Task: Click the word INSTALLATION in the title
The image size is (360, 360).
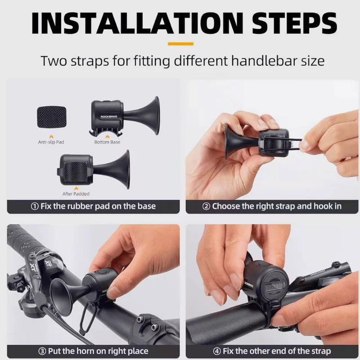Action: [x=137, y=23]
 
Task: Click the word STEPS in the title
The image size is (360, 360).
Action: [x=295, y=23]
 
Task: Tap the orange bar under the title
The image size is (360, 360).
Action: [x=180, y=44]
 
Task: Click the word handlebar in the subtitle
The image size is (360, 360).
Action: [x=260, y=61]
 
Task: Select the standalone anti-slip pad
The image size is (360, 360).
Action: [x=51, y=117]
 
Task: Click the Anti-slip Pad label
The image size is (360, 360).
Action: [x=51, y=142]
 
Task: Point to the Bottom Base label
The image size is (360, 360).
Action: [x=107, y=142]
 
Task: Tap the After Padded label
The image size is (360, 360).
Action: [x=76, y=194]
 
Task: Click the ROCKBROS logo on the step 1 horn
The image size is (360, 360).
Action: [x=109, y=117]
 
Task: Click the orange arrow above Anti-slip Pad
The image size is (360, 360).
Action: [x=51, y=137]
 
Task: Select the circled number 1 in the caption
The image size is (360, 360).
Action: [x=35, y=206]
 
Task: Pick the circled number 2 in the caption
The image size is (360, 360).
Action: [x=206, y=206]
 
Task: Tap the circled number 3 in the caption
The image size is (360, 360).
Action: [x=42, y=351]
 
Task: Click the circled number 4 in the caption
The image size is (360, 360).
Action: [x=217, y=351]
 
